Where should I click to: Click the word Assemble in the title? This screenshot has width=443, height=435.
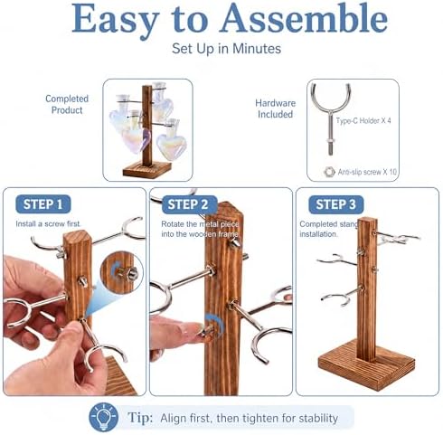(304, 18)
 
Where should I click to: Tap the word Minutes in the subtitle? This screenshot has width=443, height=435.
(257, 49)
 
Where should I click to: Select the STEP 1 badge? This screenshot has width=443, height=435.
(43, 204)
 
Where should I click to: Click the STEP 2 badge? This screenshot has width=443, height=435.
(189, 204)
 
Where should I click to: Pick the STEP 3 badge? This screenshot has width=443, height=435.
(335, 204)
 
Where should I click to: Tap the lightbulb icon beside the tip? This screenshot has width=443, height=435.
(103, 417)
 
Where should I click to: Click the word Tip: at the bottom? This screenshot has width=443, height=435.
(140, 418)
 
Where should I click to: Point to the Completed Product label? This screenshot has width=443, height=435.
(67, 104)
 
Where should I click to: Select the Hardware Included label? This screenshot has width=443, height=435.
(275, 109)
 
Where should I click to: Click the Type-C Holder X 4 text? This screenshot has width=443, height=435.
(363, 121)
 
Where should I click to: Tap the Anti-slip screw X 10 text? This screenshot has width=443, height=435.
(367, 172)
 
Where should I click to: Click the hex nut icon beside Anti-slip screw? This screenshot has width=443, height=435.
(329, 172)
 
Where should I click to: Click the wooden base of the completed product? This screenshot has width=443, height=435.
(147, 170)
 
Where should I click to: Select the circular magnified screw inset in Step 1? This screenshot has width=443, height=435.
(122, 272)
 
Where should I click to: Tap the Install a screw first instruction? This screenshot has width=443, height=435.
(48, 224)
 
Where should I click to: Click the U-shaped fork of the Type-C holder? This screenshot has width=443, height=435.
(331, 98)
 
